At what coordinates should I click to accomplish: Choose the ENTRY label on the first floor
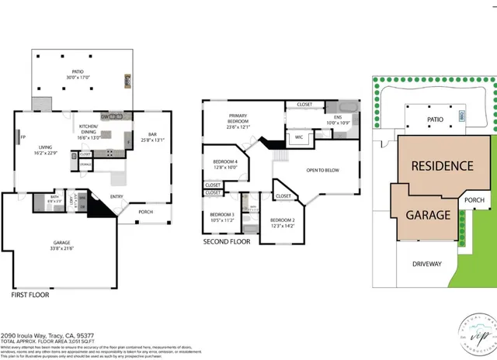116,196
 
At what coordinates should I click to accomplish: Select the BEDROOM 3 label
221,216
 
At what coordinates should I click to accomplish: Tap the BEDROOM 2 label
282,223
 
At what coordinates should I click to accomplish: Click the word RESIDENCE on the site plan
441,165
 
